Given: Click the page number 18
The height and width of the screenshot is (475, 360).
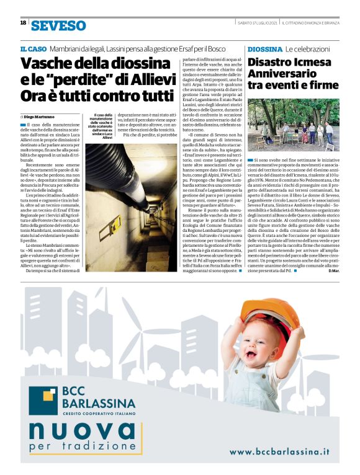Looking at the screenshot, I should click(x=23, y=22).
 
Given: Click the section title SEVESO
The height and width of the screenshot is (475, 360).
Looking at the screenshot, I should click(x=58, y=25).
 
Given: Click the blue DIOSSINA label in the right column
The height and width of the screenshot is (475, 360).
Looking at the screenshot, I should click(x=264, y=48).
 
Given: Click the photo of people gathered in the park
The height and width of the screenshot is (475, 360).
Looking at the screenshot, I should click(x=293, y=125).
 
